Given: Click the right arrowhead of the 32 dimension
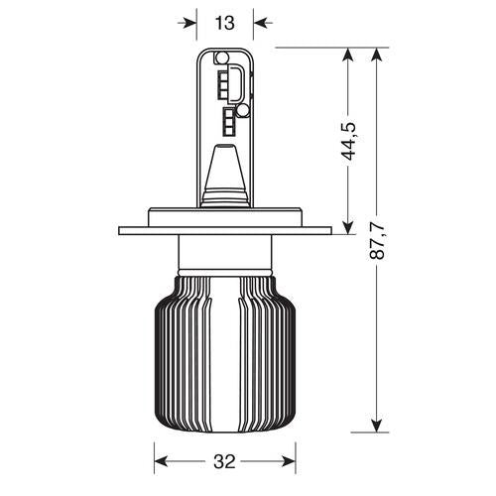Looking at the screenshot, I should pos(293,462).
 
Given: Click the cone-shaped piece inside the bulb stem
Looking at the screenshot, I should pos(224,174).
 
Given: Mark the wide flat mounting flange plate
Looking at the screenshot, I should pos(224,231).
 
